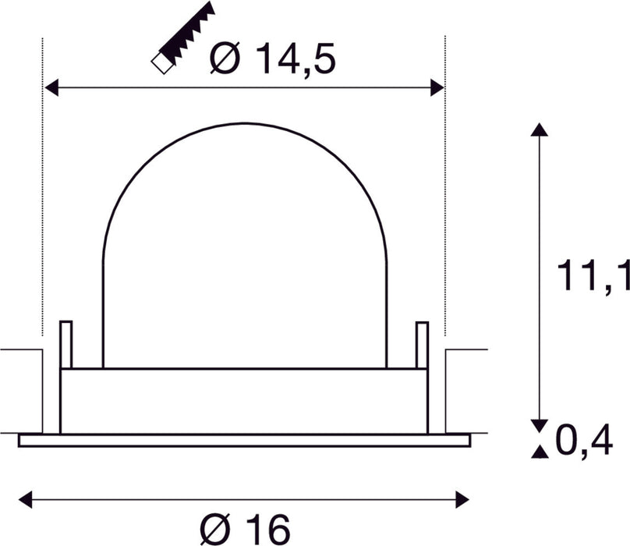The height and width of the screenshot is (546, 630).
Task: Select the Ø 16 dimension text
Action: pyautogui.click(x=245, y=529)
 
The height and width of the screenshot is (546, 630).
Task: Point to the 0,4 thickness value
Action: pyautogui.click(x=584, y=441)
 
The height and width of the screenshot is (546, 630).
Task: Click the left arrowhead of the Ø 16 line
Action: pyautogui.click(x=25, y=496)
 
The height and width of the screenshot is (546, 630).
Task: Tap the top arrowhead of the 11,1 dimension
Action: pyautogui.click(x=536, y=129)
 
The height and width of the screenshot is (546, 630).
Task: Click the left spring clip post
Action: pyautogui.click(x=65, y=343)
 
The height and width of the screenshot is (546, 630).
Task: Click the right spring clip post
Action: pyautogui.click(x=422, y=343)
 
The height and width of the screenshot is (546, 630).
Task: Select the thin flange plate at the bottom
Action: pyautogui.click(x=244, y=441)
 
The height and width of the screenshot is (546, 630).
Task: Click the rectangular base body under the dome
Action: pyautogui.click(x=244, y=400)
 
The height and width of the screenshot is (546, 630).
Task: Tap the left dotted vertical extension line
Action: pyautogui.click(x=41, y=195)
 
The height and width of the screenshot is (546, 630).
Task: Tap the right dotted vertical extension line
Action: pyautogui.click(x=444, y=195)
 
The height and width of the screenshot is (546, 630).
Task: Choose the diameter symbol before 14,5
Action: pyautogui.click(x=225, y=60)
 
